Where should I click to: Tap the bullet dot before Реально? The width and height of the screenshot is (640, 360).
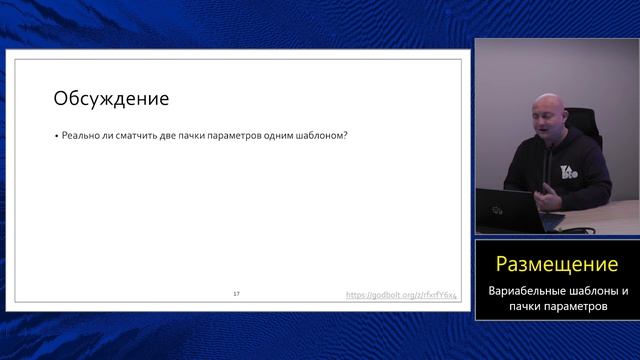[x=56, y=137]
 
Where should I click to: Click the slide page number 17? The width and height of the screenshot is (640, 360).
[x=236, y=294]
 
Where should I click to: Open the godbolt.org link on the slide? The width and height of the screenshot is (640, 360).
[x=400, y=295]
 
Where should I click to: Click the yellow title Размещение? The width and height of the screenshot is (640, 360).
[x=557, y=264]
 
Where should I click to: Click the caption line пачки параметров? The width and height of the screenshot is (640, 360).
[x=557, y=306]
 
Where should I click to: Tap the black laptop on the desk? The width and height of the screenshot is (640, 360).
[x=500, y=207]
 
